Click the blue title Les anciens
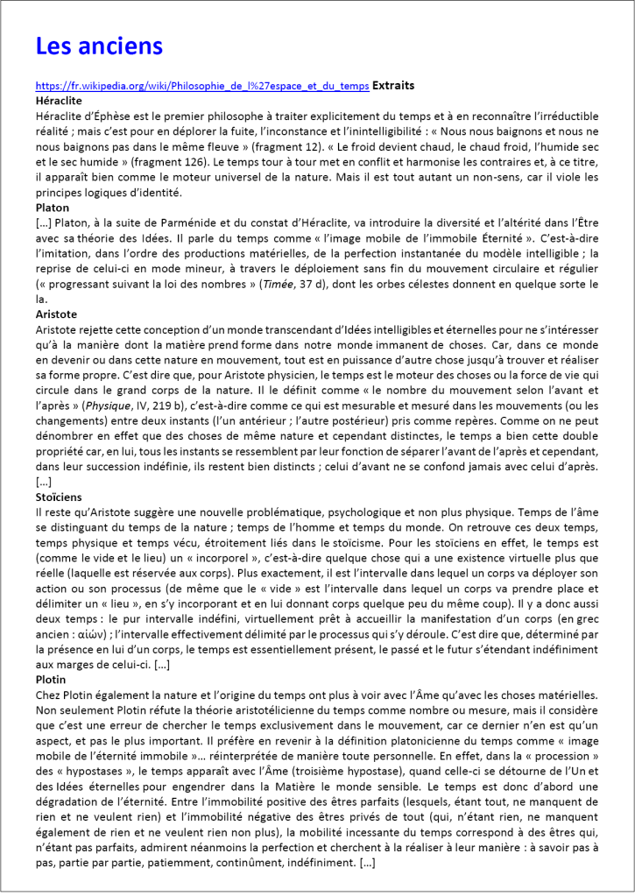pyautogui.click(x=99, y=46)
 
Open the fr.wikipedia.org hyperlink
pyautogui.click(x=202, y=87)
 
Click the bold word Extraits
pyautogui.click(x=393, y=86)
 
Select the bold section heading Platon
pyautogui.click(x=53, y=208)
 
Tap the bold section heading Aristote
pyautogui.click(x=57, y=313)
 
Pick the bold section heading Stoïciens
pyautogui.click(x=59, y=496)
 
